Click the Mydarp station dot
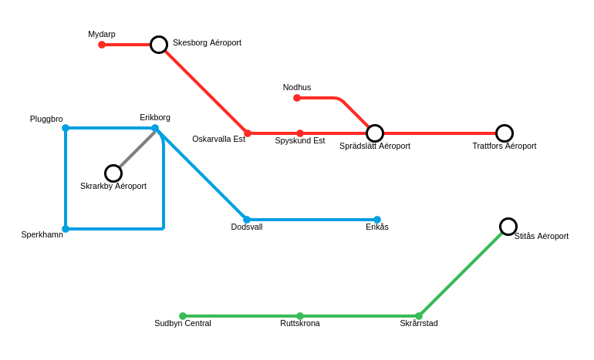(x=102, y=45)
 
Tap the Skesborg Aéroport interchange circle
(x=159, y=45)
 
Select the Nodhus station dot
(x=297, y=98)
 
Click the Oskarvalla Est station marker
(x=248, y=133)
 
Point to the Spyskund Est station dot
(x=300, y=133)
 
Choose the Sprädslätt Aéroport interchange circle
(x=375, y=133)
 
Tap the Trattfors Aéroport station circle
(x=505, y=133)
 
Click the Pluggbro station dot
(x=66, y=128)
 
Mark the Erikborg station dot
(x=155, y=128)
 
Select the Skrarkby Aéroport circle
(x=113, y=173)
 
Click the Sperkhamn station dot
(x=66, y=229)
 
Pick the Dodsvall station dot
(x=247, y=220)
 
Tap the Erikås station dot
(x=377, y=220)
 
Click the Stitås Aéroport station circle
(x=508, y=227)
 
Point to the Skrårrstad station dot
(x=419, y=316)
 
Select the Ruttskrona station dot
(x=300, y=316)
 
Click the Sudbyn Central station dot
(x=183, y=316)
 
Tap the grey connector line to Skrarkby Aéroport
(x=136, y=150)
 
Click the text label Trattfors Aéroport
(x=505, y=146)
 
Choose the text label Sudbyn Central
(x=183, y=323)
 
